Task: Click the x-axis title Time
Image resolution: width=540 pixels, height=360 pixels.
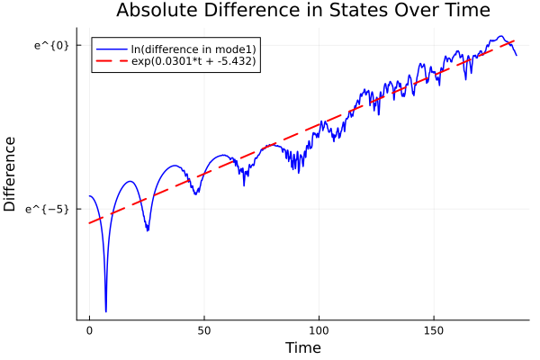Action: click(302, 347)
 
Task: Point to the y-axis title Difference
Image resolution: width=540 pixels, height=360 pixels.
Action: click(11, 174)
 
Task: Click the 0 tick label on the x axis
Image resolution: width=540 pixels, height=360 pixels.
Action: click(89, 330)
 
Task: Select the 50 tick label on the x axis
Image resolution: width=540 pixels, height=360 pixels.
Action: click(203, 330)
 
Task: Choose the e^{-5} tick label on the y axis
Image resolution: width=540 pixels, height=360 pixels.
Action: click(49, 209)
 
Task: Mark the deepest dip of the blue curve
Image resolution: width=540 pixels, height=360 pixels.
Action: click(105, 311)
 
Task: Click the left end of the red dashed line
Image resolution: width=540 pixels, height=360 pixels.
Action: click(89, 223)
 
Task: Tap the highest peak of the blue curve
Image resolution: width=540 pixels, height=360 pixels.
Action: click(501, 37)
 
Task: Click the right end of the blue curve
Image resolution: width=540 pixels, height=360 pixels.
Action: click(517, 56)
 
